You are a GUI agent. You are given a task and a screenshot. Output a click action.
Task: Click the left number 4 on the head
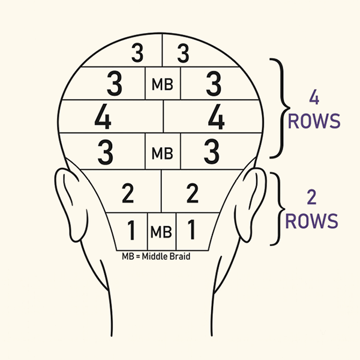[103, 116]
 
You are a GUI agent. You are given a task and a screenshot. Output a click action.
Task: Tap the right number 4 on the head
[216, 116]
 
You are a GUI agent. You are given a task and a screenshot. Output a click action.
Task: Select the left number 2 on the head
[128, 193]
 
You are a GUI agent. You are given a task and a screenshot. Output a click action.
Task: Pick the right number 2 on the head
[192, 193]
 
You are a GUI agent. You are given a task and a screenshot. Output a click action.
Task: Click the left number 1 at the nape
[131, 230]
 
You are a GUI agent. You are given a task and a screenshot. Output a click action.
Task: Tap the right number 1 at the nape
[191, 229]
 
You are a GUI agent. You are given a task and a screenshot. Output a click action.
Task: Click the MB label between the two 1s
[161, 232]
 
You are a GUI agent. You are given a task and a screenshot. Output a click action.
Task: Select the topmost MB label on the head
[163, 84]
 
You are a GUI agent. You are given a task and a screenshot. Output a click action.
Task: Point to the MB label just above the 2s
[163, 153]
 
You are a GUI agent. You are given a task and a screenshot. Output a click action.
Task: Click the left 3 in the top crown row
[137, 53]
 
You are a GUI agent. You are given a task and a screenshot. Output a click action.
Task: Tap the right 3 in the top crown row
[183, 53]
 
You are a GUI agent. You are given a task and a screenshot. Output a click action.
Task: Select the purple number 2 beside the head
[311, 197]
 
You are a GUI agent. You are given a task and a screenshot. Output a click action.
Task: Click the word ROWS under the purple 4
[314, 121]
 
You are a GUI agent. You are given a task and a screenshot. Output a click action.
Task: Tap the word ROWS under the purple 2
[311, 221]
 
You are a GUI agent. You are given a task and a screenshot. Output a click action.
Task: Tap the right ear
[251, 205]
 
